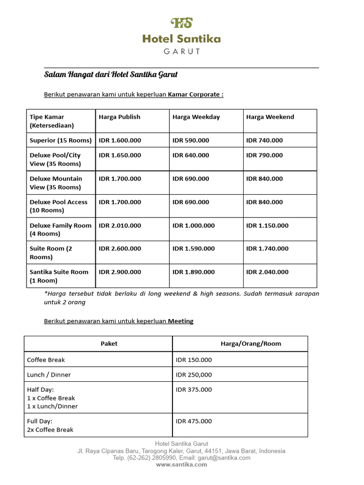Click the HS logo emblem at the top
coord(182,23)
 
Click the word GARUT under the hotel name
coord(182,51)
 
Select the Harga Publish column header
coord(119,117)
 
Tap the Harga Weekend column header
coord(270,117)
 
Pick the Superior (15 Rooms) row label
coord(60,140)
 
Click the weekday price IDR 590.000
coord(191,140)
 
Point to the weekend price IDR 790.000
coord(264,155)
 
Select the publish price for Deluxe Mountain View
coord(120,179)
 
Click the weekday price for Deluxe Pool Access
coord(191,202)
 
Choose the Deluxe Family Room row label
coord(60,229)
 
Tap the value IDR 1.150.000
coord(267,225)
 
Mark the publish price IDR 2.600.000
coord(120,248)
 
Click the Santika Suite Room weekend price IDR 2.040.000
coord(267,272)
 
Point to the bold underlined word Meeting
coord(181,321)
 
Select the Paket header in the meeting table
coord(109,343)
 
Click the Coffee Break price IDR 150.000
coord(194,359)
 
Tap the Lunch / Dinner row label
coord(49,375)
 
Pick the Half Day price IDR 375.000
coord(194,389)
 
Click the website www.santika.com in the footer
coord(182,465)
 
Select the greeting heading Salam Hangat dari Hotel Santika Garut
coord(111,75)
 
